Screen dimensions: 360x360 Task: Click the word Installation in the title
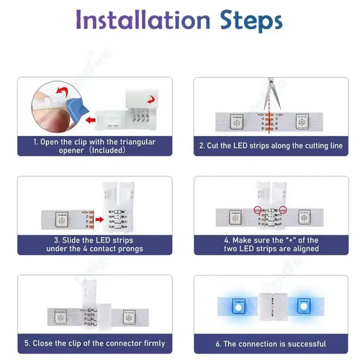coord(143,19)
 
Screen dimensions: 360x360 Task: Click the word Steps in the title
coord(251,21)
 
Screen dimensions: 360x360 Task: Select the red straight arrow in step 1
coord(91,120)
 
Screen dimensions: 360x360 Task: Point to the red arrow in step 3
coord(99,219)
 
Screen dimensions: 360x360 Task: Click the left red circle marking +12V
coord(258,210)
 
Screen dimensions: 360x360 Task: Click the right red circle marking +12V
coord(283,210)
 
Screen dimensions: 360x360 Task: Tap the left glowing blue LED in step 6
coord(238,306)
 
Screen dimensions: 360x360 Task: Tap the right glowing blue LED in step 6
coord(304,306)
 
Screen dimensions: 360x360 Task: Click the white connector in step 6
coord(273,307)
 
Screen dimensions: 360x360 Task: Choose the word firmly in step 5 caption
coord(154,343)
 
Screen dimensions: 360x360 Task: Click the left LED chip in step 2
coord(237,122)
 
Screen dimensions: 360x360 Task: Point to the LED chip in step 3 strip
coord(62,220)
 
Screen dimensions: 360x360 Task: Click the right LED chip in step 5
coord(130,318)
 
